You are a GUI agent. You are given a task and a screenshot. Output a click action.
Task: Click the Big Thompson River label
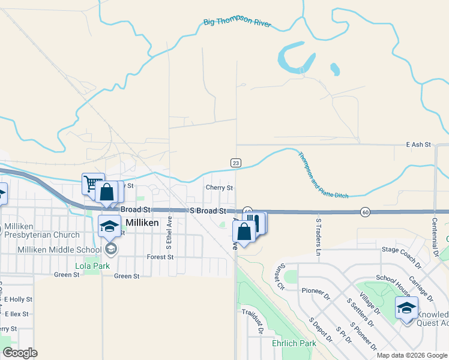click(238, 24)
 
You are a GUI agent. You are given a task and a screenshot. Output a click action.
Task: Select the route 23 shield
click(236, 163)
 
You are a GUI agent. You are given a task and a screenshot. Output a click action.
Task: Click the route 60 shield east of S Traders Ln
click(365, 212)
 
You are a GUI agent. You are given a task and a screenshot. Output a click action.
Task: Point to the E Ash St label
click(418, 145)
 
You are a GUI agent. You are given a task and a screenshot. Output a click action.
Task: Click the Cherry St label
click(219, 188)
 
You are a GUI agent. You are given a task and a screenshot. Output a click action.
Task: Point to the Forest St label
click(160, 257)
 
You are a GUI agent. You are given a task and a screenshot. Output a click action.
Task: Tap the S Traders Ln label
click(319, 236)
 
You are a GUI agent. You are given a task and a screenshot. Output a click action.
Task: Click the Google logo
click(20, 353)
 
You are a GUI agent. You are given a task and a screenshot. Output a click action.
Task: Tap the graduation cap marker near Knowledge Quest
click(406, 308)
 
